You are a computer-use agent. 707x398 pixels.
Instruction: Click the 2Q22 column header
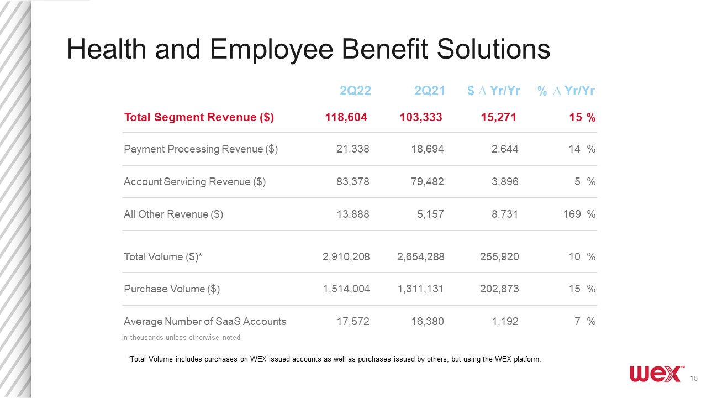click(x=355, y=91)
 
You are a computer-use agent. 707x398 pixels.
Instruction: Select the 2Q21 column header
click(x=430, y=91)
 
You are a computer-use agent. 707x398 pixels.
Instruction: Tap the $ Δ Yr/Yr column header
click(x=494, y=91)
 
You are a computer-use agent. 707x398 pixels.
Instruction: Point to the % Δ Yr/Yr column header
click(x=566, y=91)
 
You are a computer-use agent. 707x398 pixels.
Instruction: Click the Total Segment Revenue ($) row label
click(x=199, y=117)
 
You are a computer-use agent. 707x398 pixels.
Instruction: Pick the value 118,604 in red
click(x=346, y=117)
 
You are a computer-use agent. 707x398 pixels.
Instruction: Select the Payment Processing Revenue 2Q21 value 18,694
click(x=428, y=149)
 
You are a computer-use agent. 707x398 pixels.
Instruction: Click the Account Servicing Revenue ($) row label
click(x=195, y=182)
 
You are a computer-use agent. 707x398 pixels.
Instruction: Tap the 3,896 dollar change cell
click(x=505, y=182)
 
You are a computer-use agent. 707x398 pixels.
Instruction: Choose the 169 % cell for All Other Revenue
click(x=579, y=214)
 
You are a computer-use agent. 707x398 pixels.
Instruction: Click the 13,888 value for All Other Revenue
click(x=353, y=214)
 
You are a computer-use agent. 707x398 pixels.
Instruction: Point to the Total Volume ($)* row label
click(x=163, y=257)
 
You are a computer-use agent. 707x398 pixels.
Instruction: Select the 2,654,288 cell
click(x=421, y=257)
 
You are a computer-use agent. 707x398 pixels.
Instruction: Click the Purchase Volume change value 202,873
click(x=499, y=289)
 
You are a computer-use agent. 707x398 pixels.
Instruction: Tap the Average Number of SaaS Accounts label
click(x=205, y=322)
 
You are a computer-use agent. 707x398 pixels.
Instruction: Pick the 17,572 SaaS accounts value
click(x=353, y=322)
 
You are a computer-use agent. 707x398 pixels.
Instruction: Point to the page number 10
click(x=694, y=379)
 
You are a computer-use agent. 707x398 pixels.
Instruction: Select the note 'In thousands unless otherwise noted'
click(x=181, y=338)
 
